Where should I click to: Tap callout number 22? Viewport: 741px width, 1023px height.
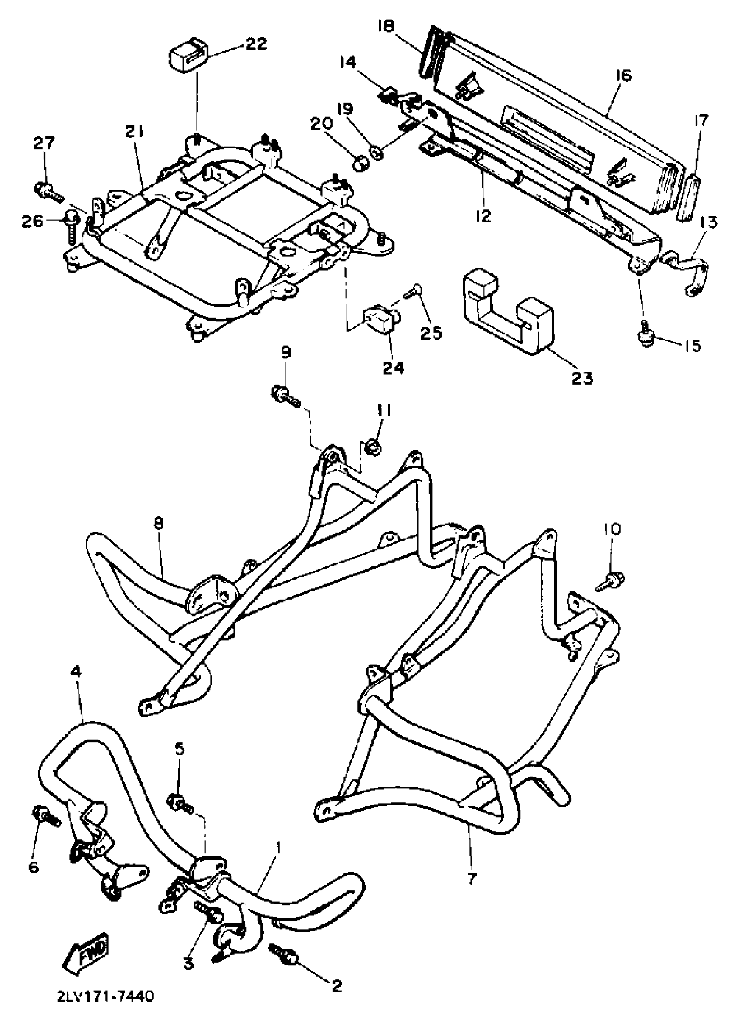256,44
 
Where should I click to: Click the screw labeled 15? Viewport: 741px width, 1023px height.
646,339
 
